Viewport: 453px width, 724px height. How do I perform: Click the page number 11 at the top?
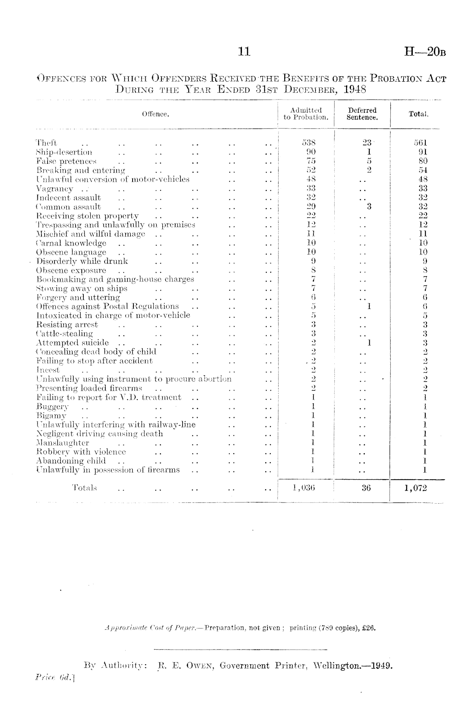(x=244, y=52)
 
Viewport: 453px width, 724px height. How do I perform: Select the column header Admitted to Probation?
(x=306, y=114)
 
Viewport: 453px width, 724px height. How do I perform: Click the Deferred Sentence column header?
(x=362, y=114)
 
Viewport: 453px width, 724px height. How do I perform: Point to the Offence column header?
(x=155, y=114)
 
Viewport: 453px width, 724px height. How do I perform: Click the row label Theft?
(x=46, y=143)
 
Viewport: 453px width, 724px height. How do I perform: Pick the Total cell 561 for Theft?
(x=420, y=143)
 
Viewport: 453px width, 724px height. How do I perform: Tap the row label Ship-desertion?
(x=64, y=152)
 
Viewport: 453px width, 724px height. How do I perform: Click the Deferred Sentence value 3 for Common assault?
(x=369, y=207)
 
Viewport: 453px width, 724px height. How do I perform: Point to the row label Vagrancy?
(x=55, y=189)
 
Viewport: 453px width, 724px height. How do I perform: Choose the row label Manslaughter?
(x=63, y=443)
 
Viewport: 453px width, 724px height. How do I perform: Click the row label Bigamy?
(x=51, y=415)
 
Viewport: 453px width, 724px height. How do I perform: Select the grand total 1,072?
(x=416, y=488)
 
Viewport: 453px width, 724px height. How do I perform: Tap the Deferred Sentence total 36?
(x=366, y=488)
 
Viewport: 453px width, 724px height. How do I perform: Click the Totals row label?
(x=85, y=488)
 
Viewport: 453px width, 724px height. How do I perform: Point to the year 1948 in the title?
(x=355, y=89)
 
